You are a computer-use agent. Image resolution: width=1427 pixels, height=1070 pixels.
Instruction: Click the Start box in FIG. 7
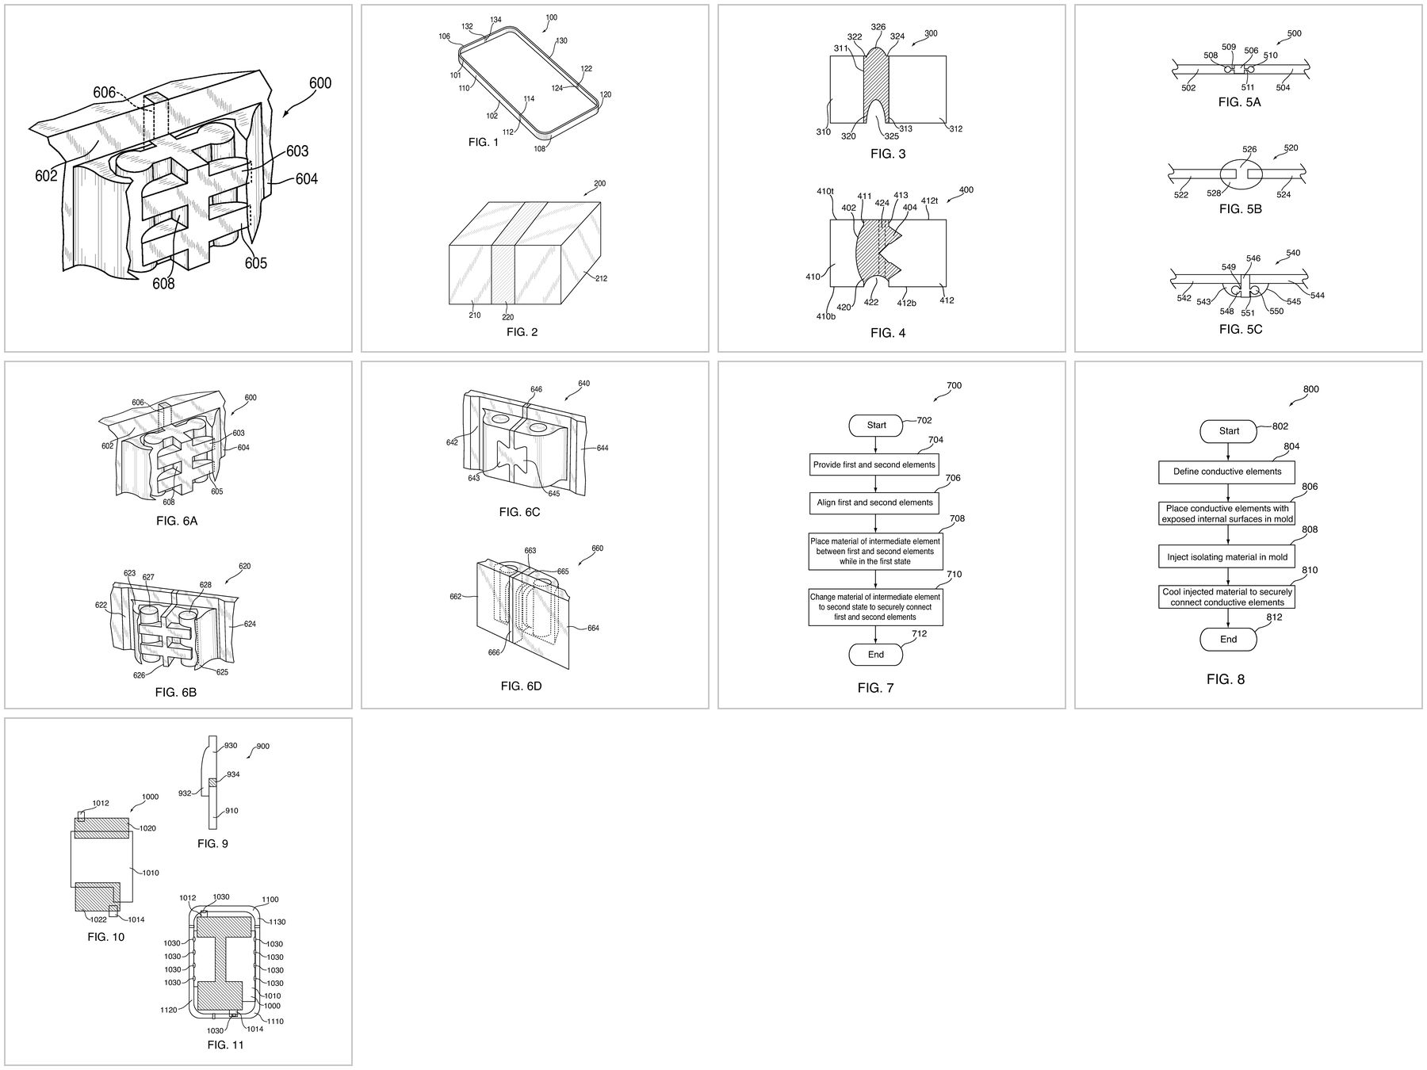point(876,425)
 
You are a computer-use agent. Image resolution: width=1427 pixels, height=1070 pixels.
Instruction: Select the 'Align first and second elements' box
point(875,503)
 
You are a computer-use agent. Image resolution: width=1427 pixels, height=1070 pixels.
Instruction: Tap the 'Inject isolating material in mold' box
point(1227,556)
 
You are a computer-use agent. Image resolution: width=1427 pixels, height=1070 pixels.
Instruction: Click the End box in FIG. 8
point(1228,639)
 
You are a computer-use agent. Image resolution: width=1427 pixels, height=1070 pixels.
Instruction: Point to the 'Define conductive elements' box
point(1227,472)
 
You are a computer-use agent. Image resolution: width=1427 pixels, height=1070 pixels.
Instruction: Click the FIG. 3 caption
point(887,154)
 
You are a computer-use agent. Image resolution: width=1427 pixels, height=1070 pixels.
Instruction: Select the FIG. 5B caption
point(1240,209)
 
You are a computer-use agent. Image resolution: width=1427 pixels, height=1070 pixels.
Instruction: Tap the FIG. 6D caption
point(521,686)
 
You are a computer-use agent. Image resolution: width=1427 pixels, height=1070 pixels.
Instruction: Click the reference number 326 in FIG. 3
point(878,27)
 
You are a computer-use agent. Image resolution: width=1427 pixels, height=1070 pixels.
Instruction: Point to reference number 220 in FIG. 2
point(508,317)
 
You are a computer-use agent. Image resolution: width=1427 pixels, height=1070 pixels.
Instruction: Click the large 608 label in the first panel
point(163,283)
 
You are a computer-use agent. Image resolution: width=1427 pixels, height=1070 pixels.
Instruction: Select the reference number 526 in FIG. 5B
point(1249,149)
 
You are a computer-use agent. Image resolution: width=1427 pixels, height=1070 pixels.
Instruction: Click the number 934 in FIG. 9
point(233,774)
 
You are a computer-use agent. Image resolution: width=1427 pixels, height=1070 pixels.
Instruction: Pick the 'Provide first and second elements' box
point(874,464)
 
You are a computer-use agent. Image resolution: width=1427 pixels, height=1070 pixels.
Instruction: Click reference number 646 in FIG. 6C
point(537,389)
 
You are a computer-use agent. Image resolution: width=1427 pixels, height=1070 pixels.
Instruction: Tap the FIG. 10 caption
point(106,937)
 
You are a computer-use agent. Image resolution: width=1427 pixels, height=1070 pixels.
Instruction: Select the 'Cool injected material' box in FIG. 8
point(1227,597)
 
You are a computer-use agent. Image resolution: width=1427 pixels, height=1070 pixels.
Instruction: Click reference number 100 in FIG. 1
point(552,17)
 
